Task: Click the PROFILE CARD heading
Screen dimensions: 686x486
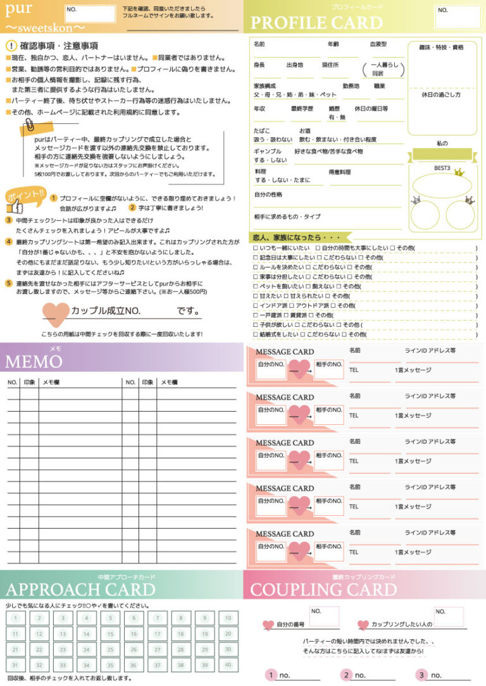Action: click(x=316, y=23)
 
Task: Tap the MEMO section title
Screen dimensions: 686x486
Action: click(x=34, y=362)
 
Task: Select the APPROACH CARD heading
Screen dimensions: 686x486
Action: click(x=80, y=590)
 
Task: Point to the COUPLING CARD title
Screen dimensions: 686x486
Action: click(x=323, y=590)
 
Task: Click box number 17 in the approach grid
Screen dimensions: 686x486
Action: click(x=158, y=634)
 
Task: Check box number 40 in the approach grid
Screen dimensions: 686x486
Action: click(x=228, y=665)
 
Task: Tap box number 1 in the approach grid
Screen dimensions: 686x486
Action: click(x=15, y=618)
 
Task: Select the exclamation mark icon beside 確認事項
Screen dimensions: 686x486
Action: click(x=11, y=46)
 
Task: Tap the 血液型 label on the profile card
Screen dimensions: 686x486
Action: click(x=378, y=44)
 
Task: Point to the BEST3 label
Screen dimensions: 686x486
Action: click(x=442, y=168)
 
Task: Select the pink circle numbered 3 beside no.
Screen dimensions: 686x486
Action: click(x=422, y=675)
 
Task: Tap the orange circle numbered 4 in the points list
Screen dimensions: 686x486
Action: click(x=9, y=242)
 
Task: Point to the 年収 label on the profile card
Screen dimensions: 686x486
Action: click(x=259, y=108)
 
